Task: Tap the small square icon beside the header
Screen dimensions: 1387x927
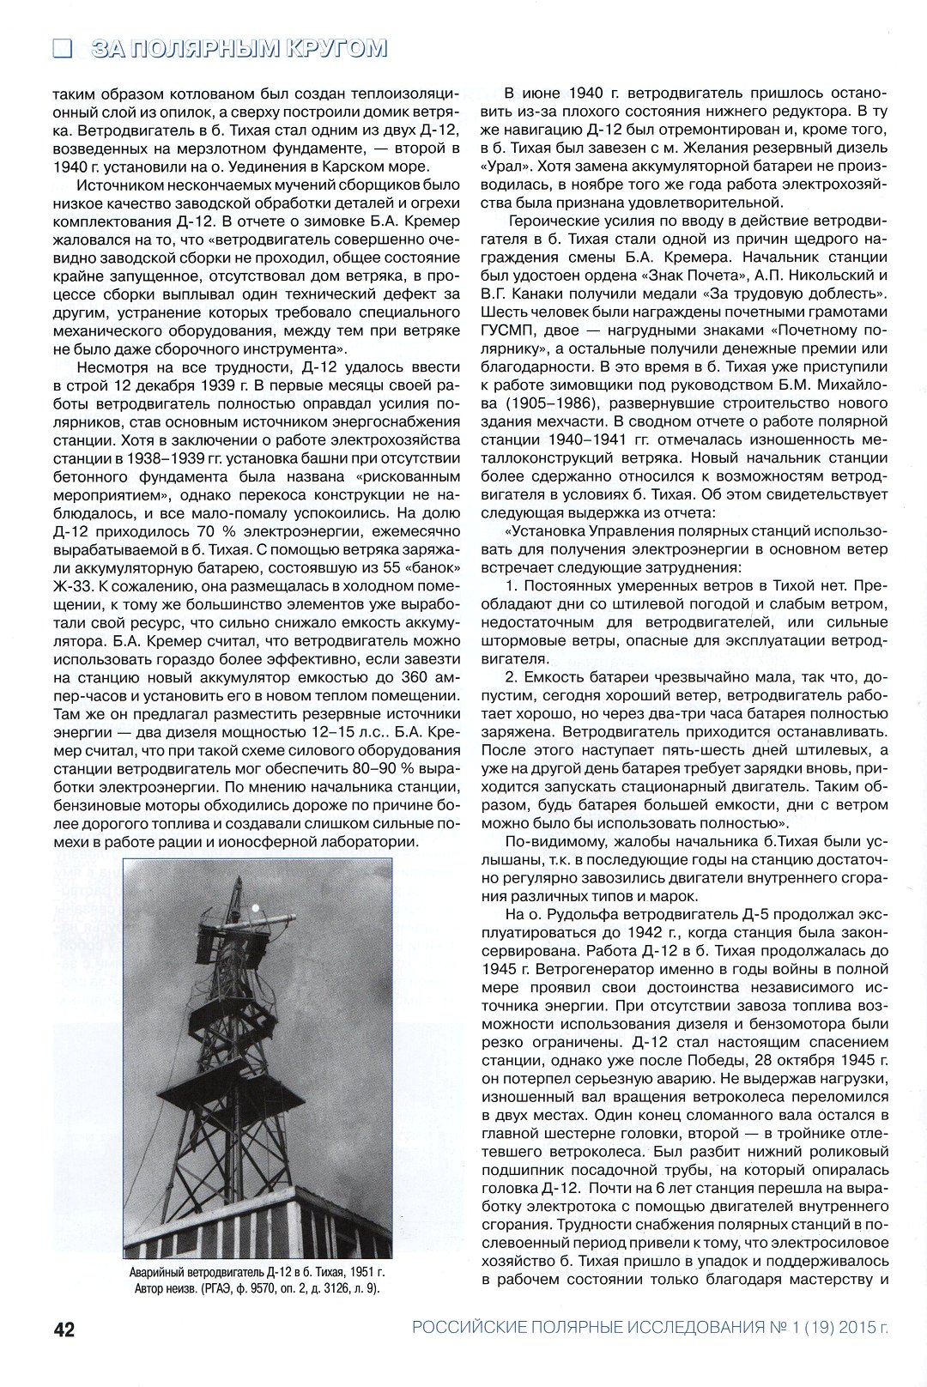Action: [x=61, y=48]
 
